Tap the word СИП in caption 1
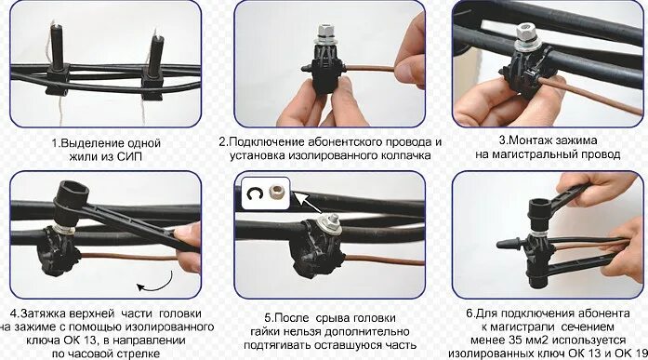point(130,156)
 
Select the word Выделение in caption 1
point(91,142)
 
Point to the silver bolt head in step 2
point(326,34)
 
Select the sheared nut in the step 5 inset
point(277,193)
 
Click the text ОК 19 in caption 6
point(630,353)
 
